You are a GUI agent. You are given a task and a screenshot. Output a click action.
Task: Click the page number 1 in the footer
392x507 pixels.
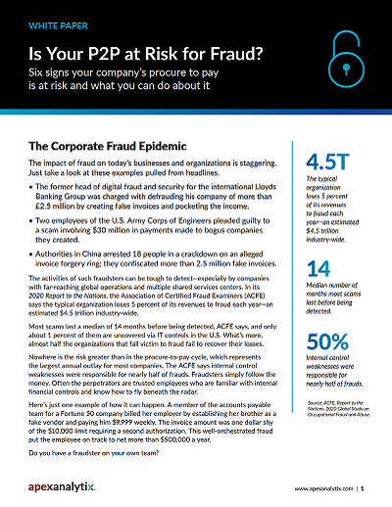[x=362, y=485]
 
